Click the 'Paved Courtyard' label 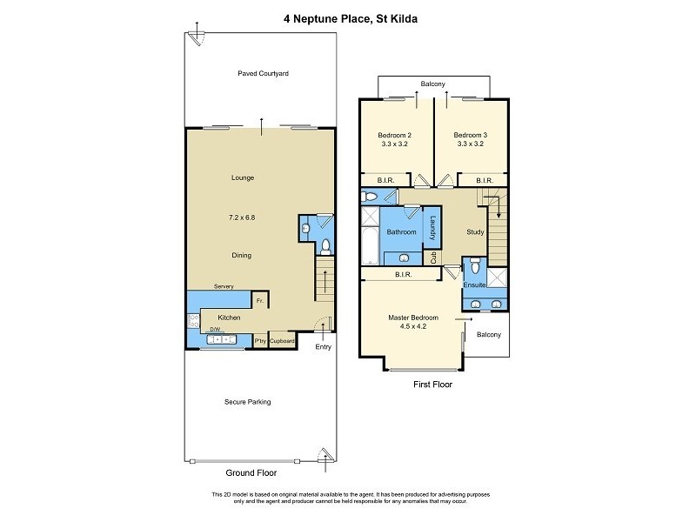(263, 74)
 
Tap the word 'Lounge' (242, 177)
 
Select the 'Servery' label (224, 286)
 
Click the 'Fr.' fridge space (259, 301)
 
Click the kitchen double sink (224, 338)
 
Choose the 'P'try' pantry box (260, 341)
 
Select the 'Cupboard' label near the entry (282, 341)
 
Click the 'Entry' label (323, 347)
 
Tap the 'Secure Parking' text (248, 402)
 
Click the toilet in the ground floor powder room (324, 245)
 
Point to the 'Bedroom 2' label (394, 135)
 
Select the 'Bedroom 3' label (470, 135)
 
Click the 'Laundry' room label (430, 229)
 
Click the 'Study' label (475, 232)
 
